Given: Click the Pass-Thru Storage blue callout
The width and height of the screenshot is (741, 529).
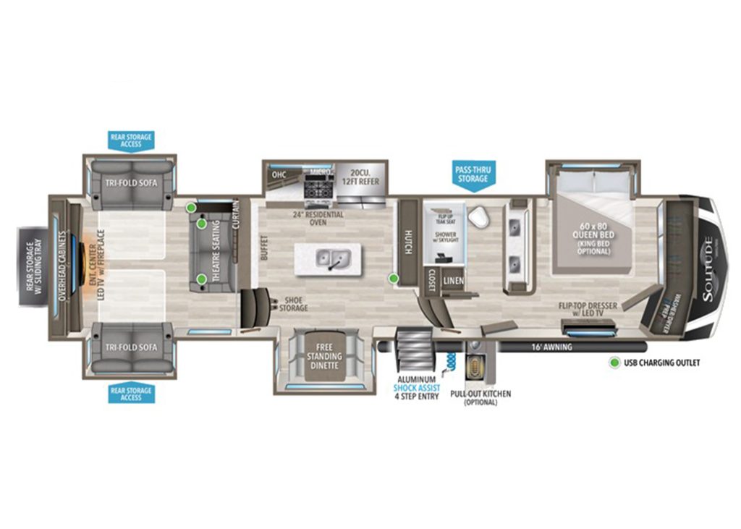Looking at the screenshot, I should point(472,174).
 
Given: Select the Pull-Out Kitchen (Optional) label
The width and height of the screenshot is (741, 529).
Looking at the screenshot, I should point(480,397).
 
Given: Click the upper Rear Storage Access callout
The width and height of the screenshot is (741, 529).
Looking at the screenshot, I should point(132,140).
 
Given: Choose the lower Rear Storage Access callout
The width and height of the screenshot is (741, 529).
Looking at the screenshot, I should point(132,394).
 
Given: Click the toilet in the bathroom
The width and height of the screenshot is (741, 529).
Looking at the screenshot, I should point(478,216).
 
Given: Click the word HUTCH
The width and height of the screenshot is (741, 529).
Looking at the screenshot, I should point(408,242).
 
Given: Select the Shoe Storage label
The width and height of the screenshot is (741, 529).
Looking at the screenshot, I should point(294,303).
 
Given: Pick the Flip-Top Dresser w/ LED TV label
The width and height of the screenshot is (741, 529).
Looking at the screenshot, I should point(588,310).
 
